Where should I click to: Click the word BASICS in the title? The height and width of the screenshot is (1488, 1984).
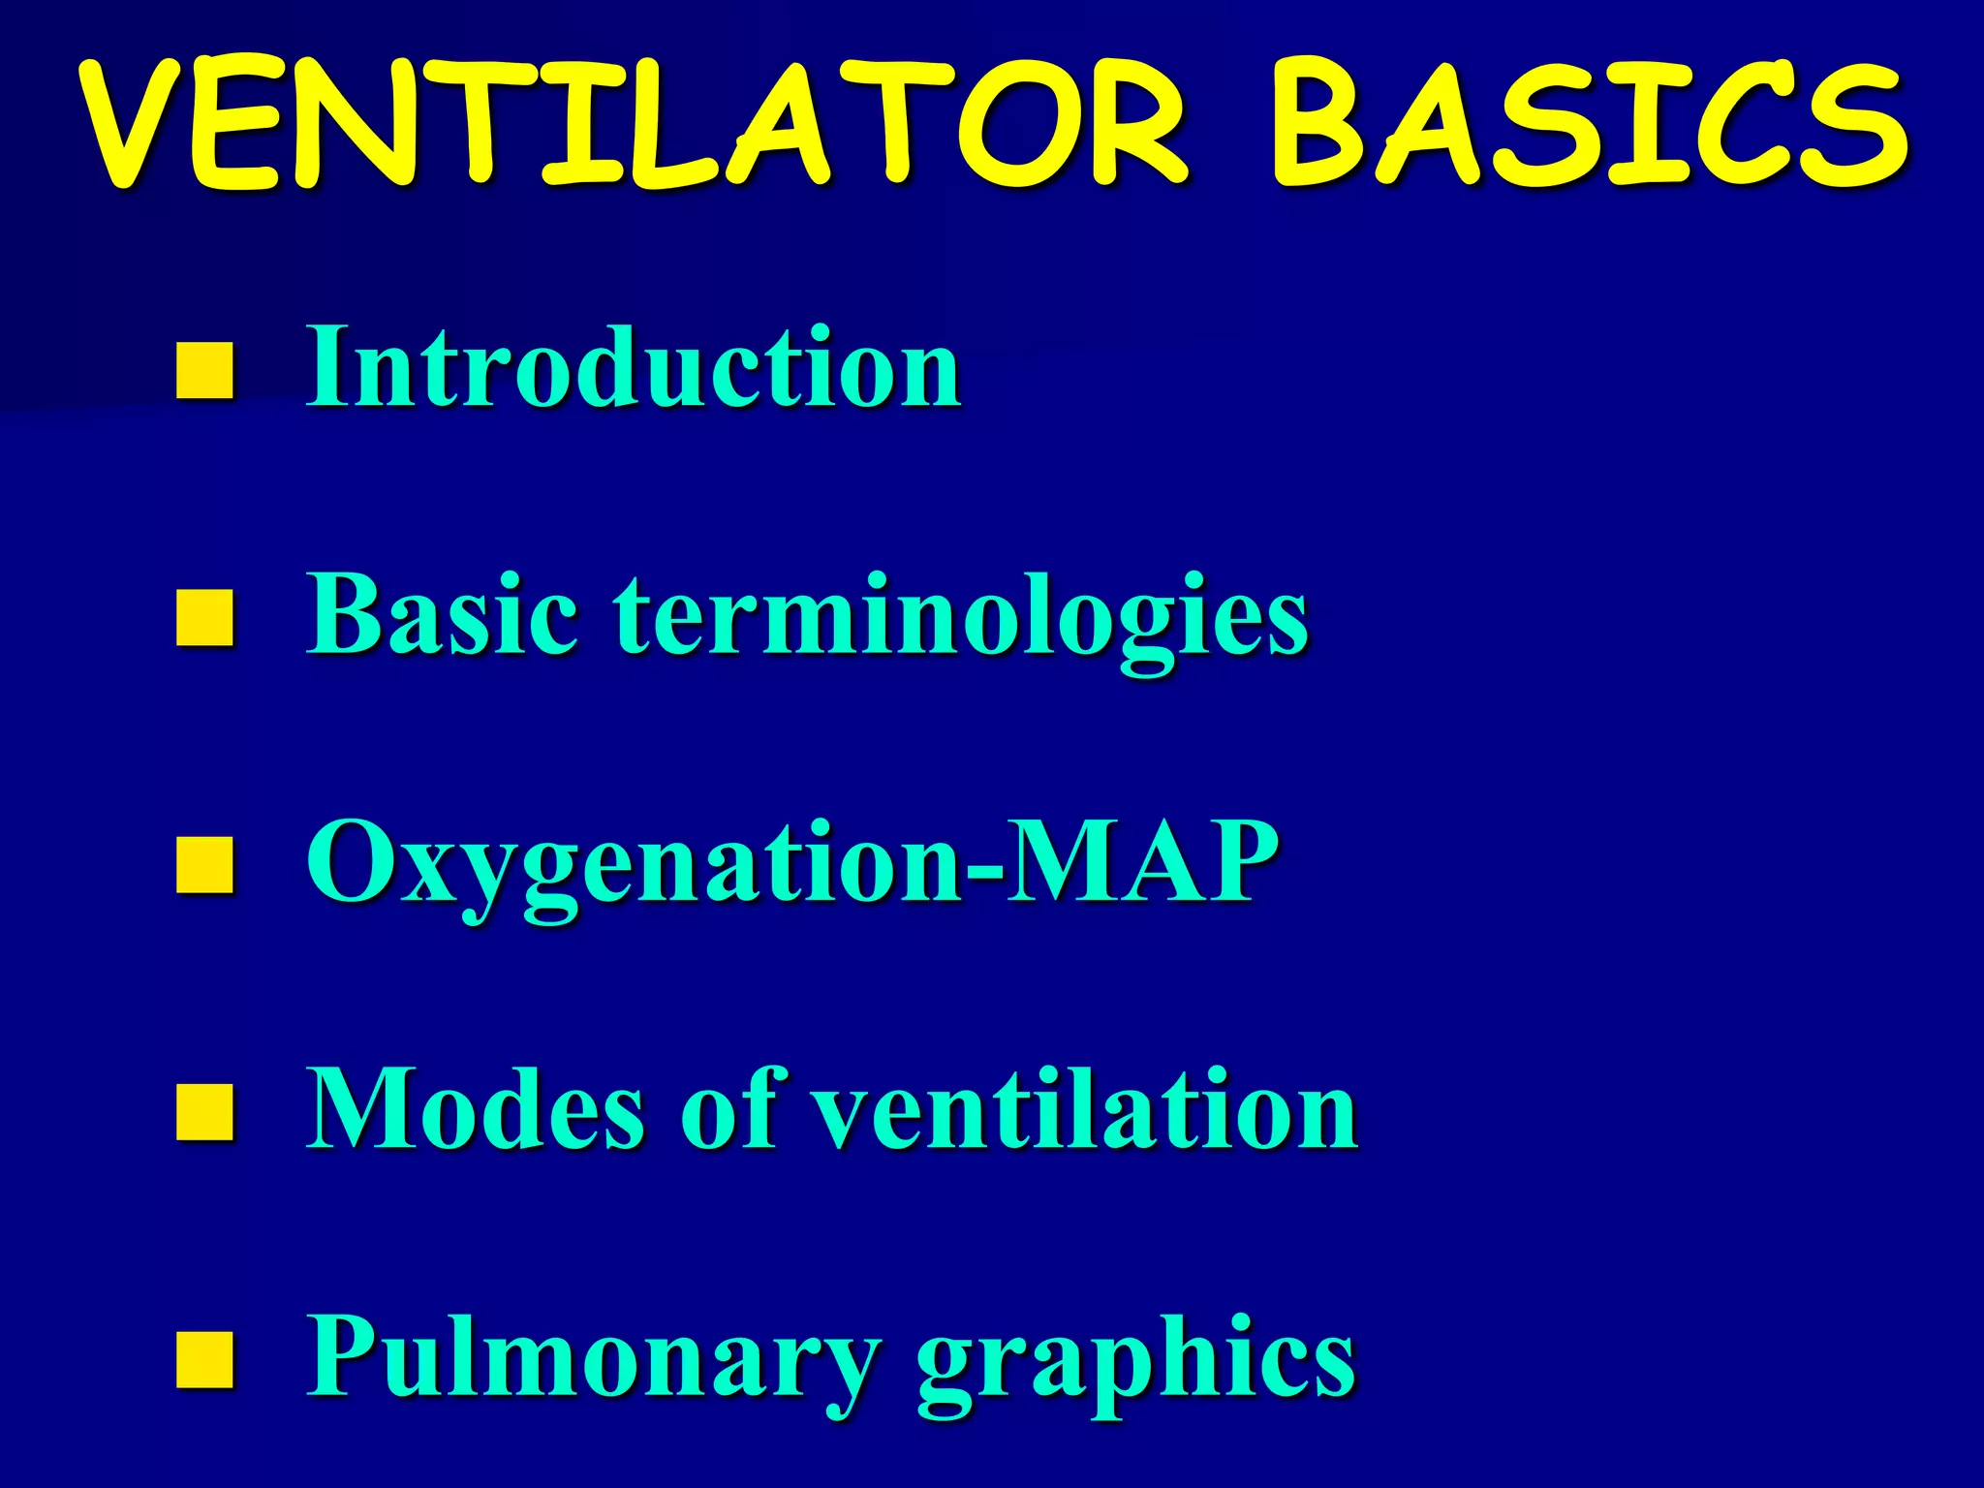[x=1589, y=124]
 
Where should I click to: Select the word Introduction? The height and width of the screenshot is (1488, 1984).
[x=635, y=368]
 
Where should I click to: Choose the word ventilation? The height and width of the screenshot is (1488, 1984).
[x=1085, y=1109]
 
